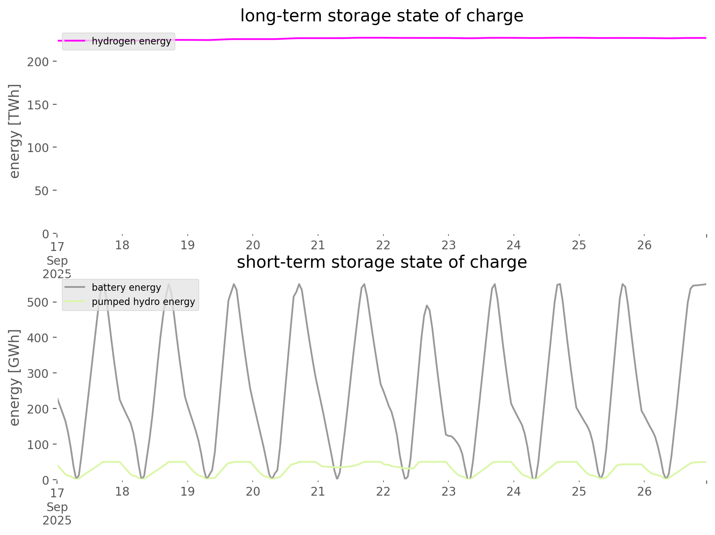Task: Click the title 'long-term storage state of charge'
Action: (x=381, y=16)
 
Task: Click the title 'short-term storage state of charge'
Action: (x=381, y=262)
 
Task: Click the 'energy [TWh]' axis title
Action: (x=15, y=131)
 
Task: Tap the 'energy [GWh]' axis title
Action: (x=15, y=377)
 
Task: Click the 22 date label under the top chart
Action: (x=383, y=245)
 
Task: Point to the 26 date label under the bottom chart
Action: (x=644, y=491)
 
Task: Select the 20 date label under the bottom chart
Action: (x=253, y=491)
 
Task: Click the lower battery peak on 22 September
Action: (x=427, y=306)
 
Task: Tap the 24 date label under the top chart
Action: (x=514, y=245)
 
